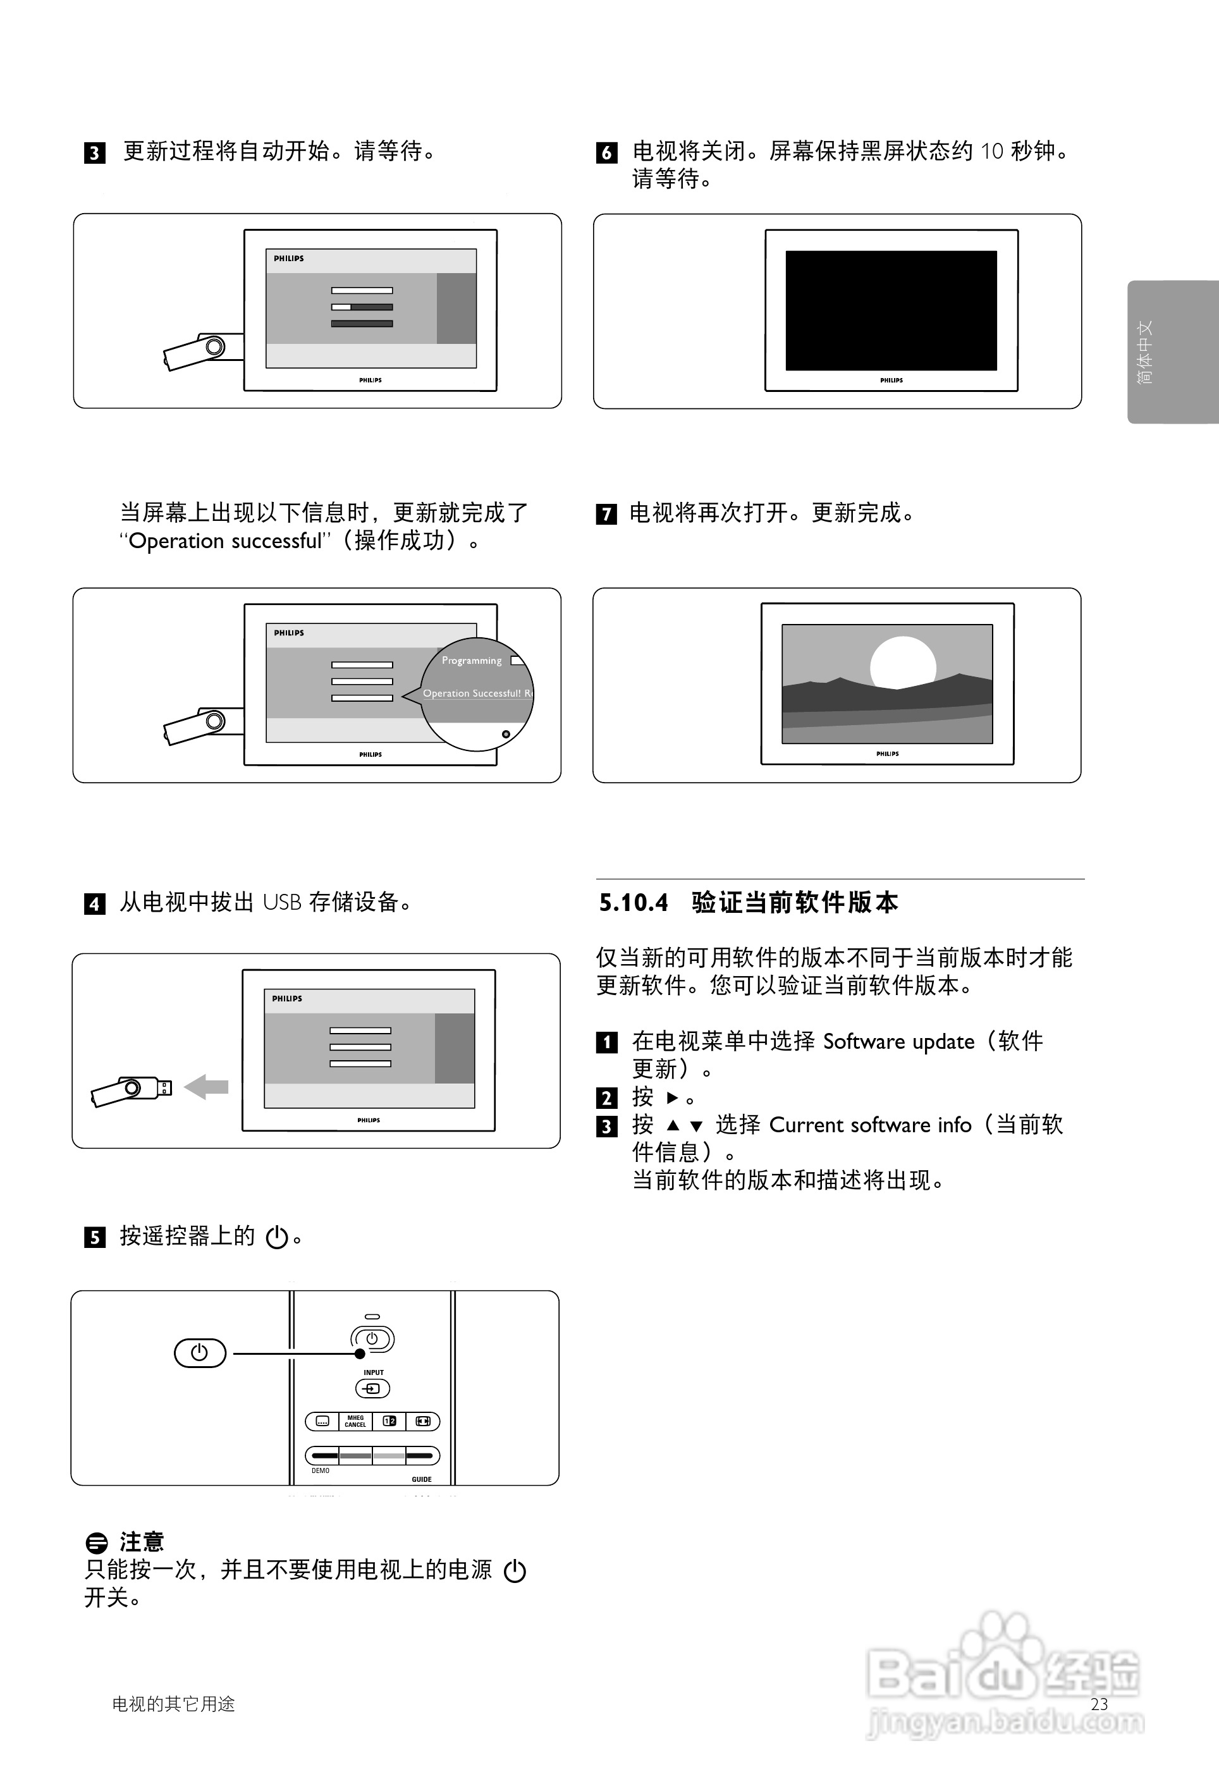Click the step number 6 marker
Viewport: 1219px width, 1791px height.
pyautogui.click(x=606, y=152)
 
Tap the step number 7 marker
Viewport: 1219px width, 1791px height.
pyautogui.click(x=606, y=514)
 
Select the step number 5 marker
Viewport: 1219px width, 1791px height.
pyautogui.click(x=94, y=1238)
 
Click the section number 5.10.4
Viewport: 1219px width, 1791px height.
pyautogui.click(x=634, y=902)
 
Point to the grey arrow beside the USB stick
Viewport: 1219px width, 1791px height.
pyautogui.click(x=207, y=1087)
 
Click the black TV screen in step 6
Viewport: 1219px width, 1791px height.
pyautogui.click(x=891, y=310)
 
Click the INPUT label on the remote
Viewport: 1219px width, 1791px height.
pyautogui.click(x=374, y=1372)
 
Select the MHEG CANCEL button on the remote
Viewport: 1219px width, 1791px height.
pyautogui.click(x=355, y=1421)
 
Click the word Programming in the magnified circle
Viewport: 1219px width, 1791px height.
pyautogui.click(x=472, y=661)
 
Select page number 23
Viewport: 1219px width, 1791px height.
pyautogui.click(x=1100, y=1704)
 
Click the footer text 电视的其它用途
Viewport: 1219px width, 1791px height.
pyautogui.click(x=173, y=1704)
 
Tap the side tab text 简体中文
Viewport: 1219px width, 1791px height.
pyautogui.click(x=1146, y=352)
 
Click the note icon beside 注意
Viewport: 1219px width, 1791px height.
pyautogui.click(x=96, y=1543)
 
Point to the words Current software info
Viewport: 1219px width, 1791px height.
pyautogui.click(x=870, y=1125)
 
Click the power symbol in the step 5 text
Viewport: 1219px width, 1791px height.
pyautogui.click(x=277, y=1238)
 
